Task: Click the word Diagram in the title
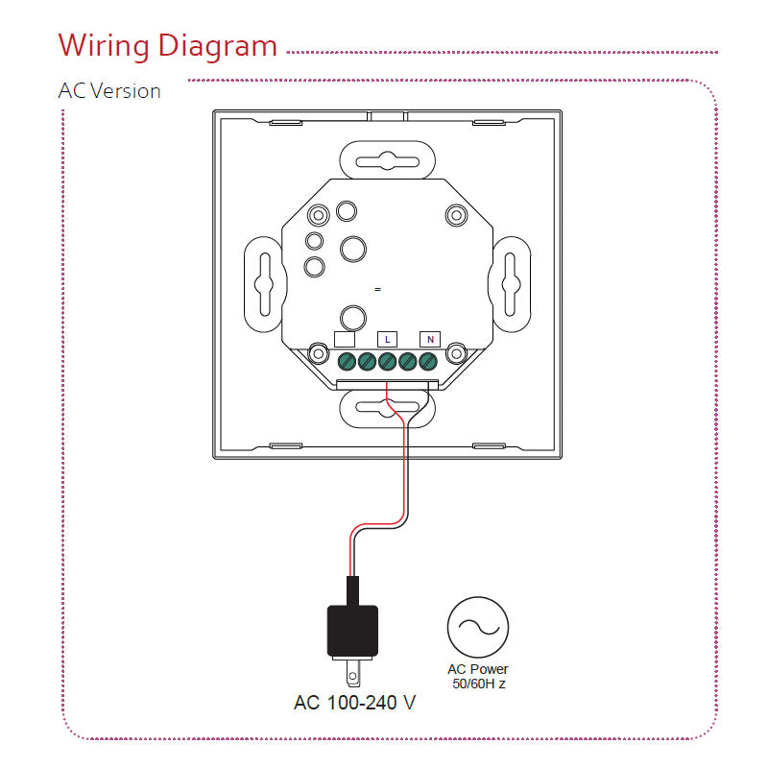(x=217, y=46)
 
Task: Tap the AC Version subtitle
(x=109, y=91)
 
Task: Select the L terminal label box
(x=387, y=339)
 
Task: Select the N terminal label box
(x=430, y=339)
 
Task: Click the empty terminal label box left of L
(x=344, y=339)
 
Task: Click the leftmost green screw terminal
(x=347, y=362)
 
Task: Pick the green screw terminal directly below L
(x=387, y=362)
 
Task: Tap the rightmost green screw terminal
(x=428, y=362)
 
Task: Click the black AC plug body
(x=352, y=629)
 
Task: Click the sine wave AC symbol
(x=476, y=626)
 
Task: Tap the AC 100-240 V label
(x=354, y=703)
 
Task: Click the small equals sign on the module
(x=377, y=289)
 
